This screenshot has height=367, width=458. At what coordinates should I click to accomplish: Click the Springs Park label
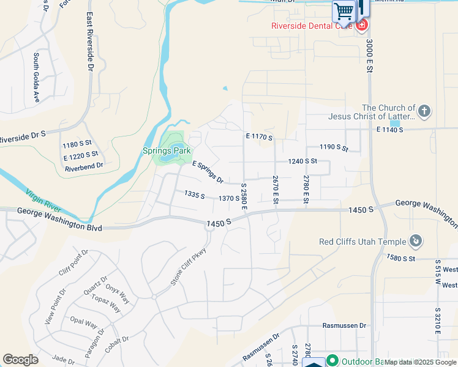click(167, 150)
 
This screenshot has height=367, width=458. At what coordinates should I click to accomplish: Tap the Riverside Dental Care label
click(312, 25)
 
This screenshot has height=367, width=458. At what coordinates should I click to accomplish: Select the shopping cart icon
click(343, 10)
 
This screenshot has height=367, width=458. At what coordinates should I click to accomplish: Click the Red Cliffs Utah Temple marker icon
click(416, 241)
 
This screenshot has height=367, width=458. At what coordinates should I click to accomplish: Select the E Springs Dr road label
click(208, 172)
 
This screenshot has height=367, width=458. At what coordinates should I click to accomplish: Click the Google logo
click(21, 360)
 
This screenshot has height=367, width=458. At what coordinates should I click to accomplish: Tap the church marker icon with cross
click(424, 111)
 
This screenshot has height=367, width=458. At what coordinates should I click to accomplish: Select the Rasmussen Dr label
click(345, 326)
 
